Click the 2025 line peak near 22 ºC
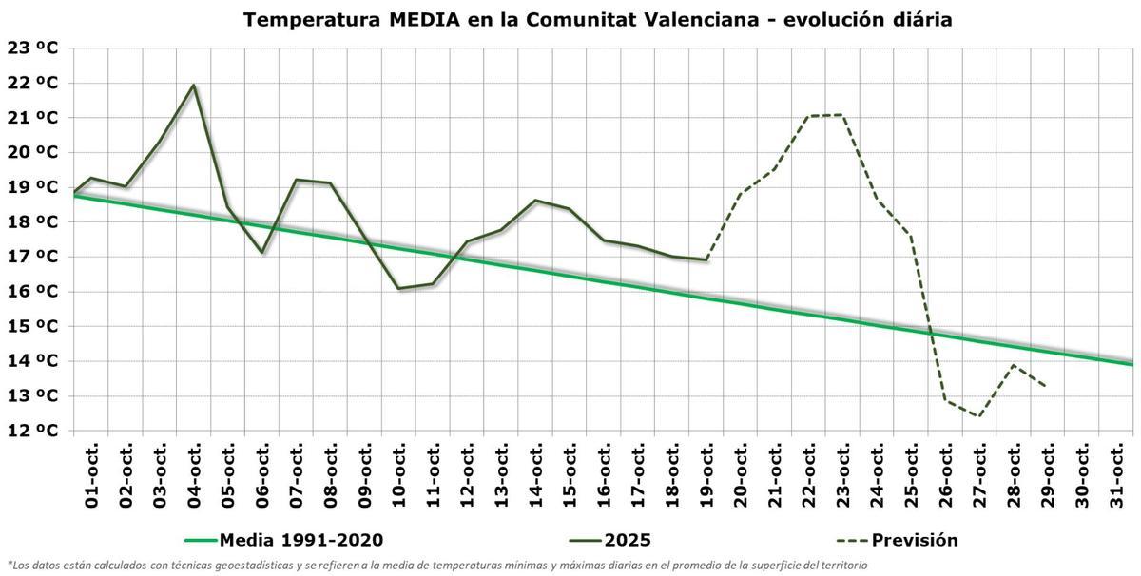click(x=194, y=86)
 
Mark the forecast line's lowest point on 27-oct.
click(x=979, y=416)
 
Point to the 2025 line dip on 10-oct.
click(x=398, y=288)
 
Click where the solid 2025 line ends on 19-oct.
click(x=706, y=259)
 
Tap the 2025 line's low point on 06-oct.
click(x=262, y=252)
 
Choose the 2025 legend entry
click(x=599, y=541)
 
